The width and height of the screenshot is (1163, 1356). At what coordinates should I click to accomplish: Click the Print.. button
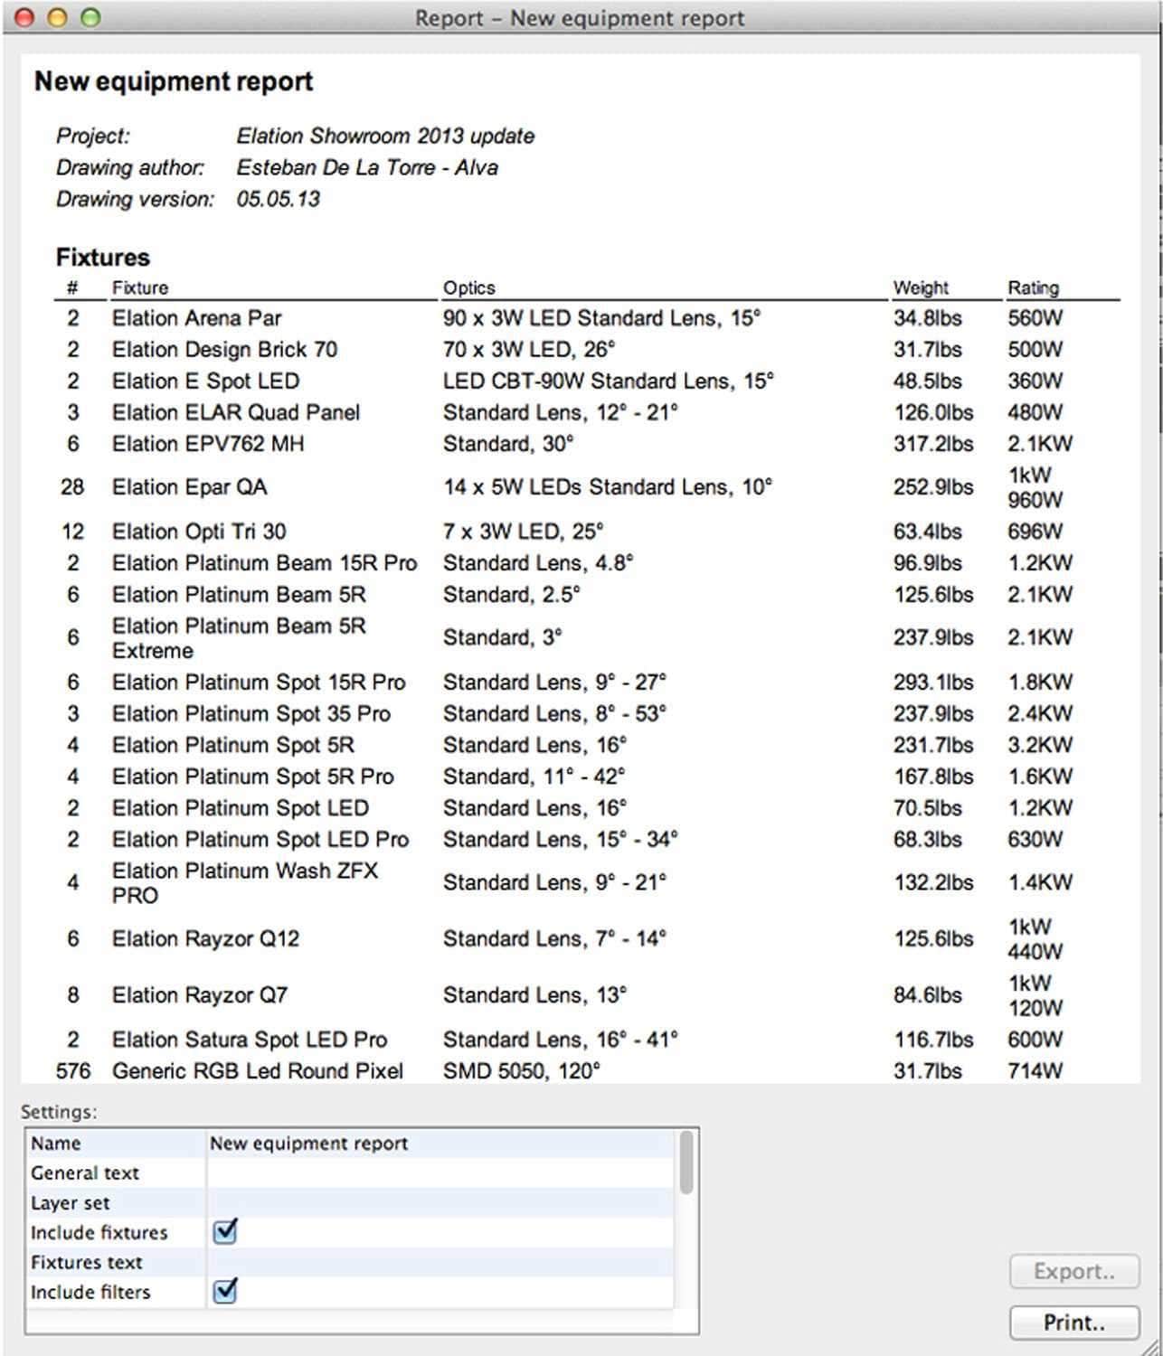pyautogui.click(x=1073, y=1323)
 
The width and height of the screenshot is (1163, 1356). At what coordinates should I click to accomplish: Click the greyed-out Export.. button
pyautogui.click(x=1073, y=1272)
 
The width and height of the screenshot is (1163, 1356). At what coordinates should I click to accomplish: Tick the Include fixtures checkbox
pyautogui.click(x=224, y=1231)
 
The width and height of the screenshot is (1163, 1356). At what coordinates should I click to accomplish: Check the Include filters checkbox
pyautogui.click(x=224, y=1291)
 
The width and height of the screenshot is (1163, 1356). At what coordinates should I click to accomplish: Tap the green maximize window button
pyautogui.click(x=90, y=17)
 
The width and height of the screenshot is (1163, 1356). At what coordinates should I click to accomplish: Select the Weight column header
pyautogui.click(x=921, y=287)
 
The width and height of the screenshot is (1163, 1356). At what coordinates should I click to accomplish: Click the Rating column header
pyautogui.click(x=1033, y=287)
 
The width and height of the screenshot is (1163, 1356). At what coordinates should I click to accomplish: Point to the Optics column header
pyautogui.click(x=468, y=287)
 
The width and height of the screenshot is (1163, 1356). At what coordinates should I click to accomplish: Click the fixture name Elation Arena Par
pyautogui.click(x=196, y=318)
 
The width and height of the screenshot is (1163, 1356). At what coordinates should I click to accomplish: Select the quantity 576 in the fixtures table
pyautogui.click(x=73, y=1071)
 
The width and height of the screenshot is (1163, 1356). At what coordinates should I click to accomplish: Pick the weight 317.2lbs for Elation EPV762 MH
pyautogui.click(x=932, y=444)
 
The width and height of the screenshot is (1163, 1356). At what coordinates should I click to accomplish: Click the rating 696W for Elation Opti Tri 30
pyautogui.click(x=1035, y=532)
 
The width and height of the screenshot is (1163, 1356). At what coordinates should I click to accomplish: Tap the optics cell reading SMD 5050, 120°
pyautogui.click(x=521, y=1071)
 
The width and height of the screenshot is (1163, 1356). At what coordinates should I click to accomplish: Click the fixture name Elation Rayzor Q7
pyautogui.click(x=199, y=995)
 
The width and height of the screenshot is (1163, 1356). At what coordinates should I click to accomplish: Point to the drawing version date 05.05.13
pyautogui.click(x=278, y=199)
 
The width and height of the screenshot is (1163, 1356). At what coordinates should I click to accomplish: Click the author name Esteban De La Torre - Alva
pyautogui.click(x=366, y=167)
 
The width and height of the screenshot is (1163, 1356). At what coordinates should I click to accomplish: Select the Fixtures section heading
pyautogui.click(x=102, y=257)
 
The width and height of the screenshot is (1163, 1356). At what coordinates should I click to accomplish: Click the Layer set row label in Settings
pyautogui.click(x=70, y=1203)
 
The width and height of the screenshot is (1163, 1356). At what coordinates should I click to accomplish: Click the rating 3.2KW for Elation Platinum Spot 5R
pyautogui.click(x=1040, y=745)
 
